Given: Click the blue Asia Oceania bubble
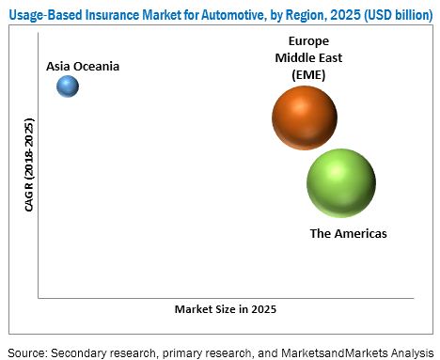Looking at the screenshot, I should pos(68,86).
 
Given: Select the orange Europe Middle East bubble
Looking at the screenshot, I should pos(305,117).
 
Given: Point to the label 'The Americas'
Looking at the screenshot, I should pos(349,232).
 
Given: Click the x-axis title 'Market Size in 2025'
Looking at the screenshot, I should pos(223,308).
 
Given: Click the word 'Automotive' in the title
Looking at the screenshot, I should pos(215,11).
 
